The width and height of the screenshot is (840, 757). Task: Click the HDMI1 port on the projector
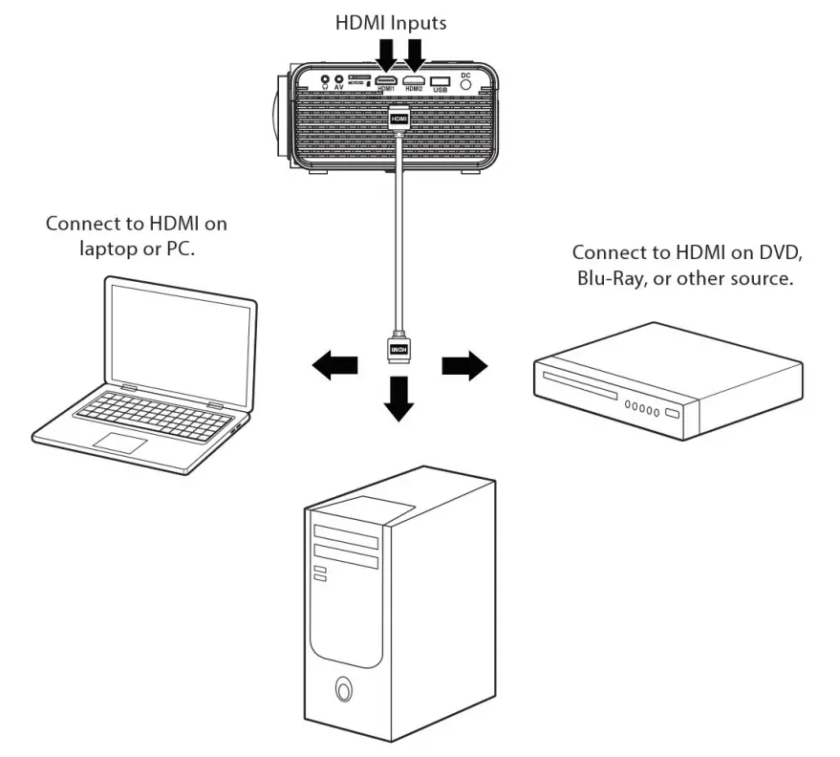coord(386,80)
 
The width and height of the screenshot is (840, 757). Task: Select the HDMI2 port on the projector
coord(414,80)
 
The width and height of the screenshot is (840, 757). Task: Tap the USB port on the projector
coord(441,81)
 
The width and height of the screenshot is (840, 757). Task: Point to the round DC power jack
coord(466,83)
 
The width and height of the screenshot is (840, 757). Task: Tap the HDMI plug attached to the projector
coord(399,119)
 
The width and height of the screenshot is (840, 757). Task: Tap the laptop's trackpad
coord(119,443)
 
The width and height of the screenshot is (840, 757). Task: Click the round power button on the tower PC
coord(343,688)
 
